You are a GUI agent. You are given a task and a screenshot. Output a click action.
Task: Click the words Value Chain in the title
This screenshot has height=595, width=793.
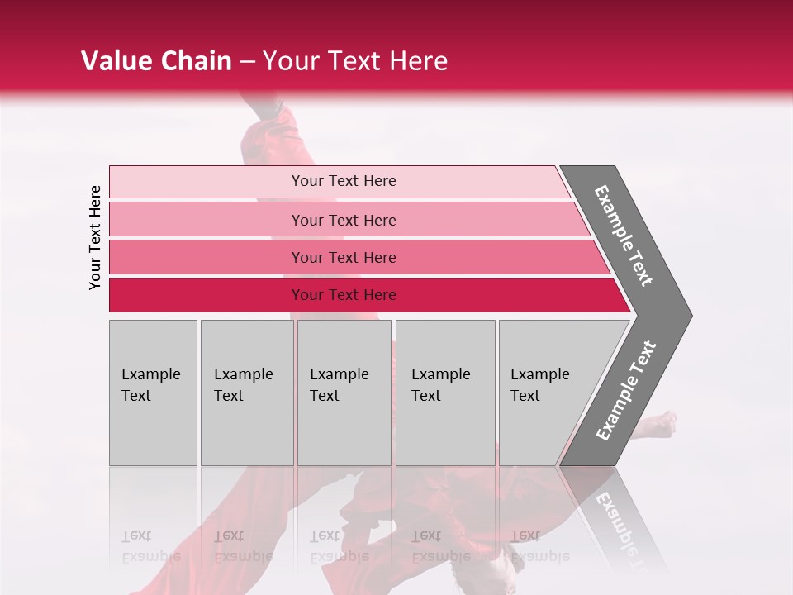tap(156, 61)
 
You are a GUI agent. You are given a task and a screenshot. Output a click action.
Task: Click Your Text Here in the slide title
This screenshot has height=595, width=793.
tap(355, 61)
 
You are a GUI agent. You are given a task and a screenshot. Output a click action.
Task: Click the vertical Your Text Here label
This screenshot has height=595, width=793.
tap(95, 238)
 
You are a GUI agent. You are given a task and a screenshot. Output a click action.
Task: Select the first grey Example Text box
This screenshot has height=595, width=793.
tap(153, 393)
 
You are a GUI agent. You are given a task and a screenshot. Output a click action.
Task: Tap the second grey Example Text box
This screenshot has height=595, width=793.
tap(246, 393)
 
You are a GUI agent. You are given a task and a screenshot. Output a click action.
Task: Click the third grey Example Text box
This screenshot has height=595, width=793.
tap(344, 393)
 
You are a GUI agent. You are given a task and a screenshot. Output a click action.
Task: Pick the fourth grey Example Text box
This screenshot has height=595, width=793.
tap(445, 393)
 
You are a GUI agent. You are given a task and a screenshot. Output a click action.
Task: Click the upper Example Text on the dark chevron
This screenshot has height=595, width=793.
tap(624, 236)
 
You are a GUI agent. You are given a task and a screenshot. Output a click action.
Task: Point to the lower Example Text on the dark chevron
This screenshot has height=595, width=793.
tap(626, 390)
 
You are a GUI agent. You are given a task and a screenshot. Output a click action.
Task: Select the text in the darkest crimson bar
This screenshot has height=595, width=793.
tap(344, 295)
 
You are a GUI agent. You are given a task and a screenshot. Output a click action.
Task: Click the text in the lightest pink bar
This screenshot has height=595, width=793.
tap(344, 181)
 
